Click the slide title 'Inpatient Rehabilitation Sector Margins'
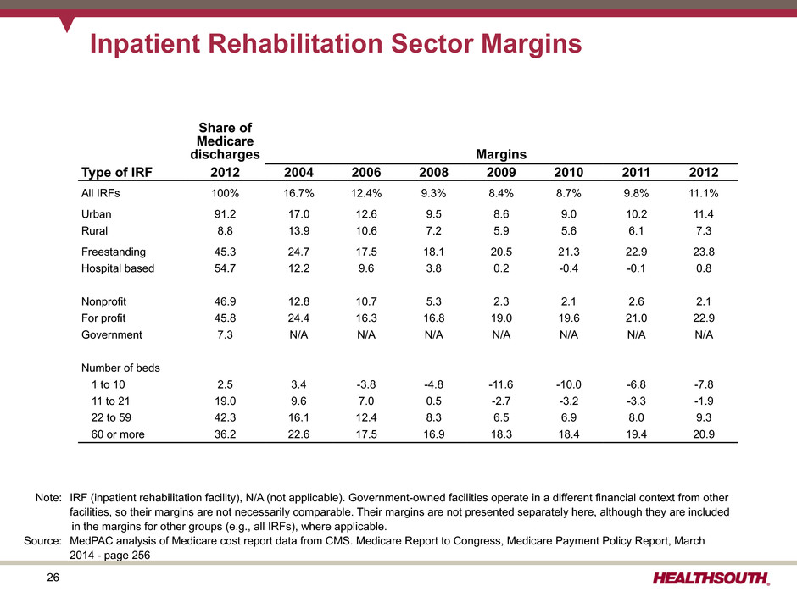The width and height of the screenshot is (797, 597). pos(336,44)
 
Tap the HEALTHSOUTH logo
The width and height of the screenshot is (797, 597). pos(711,578)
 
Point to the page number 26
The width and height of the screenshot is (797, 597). pos(53,578)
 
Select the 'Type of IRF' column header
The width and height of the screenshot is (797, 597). pos(116,172)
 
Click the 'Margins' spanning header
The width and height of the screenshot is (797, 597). pos(500,154)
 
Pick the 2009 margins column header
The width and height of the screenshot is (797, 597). pos(500,173)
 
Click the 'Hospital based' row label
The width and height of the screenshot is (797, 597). pos(117,268)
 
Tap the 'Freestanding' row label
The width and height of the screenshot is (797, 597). pos(114,252)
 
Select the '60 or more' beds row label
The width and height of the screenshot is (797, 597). pos(117,434)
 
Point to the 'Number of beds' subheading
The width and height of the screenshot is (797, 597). pos(120,368)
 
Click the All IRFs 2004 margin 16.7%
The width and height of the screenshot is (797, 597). pos(298,193)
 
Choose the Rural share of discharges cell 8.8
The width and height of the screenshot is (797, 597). pos(225,231)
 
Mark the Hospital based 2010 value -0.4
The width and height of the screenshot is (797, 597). pos(568,268)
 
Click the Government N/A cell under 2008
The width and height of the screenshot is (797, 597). pos(433,335)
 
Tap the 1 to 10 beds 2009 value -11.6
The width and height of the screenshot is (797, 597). pos(500,384)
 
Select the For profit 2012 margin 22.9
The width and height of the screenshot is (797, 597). pos(704,318)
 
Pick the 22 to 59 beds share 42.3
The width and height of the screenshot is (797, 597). pos(225,417)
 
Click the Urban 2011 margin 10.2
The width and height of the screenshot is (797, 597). pos(636,214)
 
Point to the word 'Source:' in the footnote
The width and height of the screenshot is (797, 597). pos(42,540)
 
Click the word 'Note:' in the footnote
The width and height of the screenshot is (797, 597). pos(48,498)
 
